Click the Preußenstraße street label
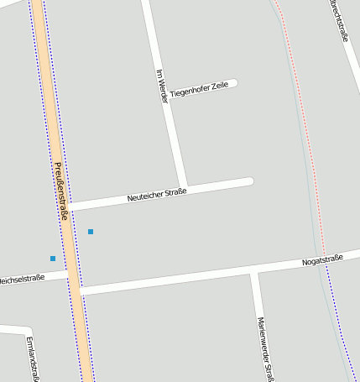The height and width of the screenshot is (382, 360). (x=61, y=191)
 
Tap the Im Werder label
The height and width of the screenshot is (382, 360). (x=162, y=86)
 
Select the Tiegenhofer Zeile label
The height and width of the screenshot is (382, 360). (x=199, y=89)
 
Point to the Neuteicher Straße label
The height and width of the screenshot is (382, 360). (x=156, y=195)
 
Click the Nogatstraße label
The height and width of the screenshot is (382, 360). (x=322, y=263)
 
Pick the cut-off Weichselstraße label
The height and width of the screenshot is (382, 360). (x=21, y=278)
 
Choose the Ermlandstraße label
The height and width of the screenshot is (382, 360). (x=33, y=358)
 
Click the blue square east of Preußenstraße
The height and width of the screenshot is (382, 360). (x=91, y=231)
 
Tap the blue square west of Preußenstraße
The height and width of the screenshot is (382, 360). (x=53, y=258)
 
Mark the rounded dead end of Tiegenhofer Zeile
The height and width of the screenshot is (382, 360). (x=235, y=83)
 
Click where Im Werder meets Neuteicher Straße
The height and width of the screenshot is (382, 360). (x=184, y=187)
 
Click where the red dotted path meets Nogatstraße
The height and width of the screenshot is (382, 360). (x=324, y=254)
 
